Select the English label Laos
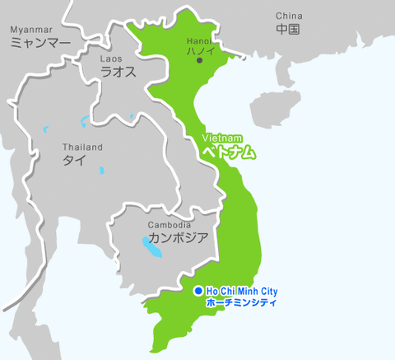pos(111,59)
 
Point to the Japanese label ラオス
pos(118,72)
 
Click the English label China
pos(289,16)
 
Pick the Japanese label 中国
pos(288,30)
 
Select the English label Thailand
pos(82,147)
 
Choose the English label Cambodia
pos(170,225)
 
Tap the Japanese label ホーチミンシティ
pos(241,303)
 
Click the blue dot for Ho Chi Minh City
pos(198,292)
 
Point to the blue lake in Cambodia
pos(151,245)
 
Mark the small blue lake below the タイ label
pos(101,171)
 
